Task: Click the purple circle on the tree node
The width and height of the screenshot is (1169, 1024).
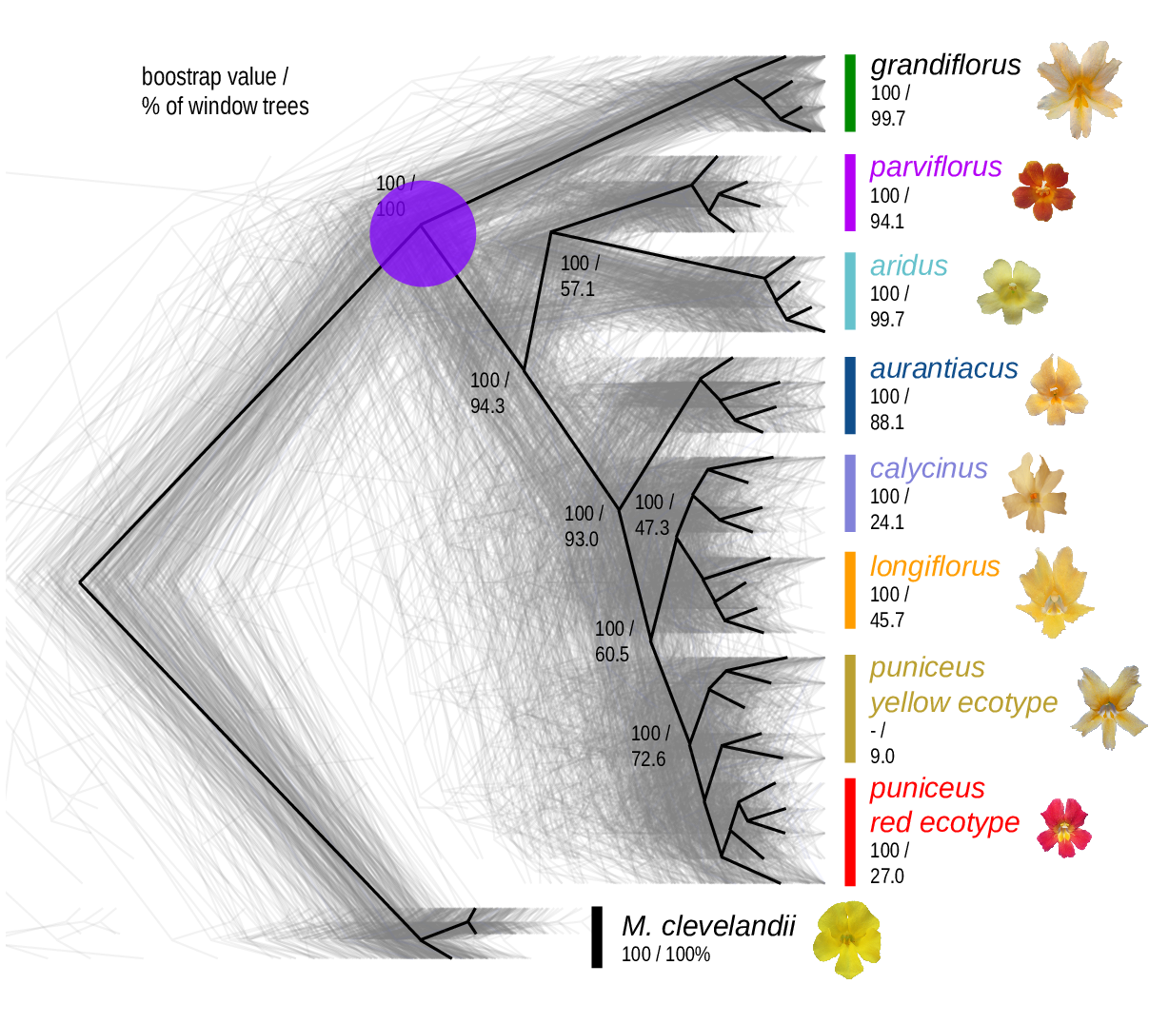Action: point(423,233)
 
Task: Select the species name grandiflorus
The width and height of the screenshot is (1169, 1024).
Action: point(945,65)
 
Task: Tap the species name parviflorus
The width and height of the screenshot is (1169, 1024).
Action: point(936,167)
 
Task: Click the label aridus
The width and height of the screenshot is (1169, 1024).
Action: point(908,266)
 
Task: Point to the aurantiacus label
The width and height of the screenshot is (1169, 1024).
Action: point(943,368)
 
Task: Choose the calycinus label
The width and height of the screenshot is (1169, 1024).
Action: point(928,468)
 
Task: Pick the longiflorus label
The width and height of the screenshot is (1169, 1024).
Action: point(934,566)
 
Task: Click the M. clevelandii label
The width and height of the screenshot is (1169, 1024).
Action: point(707,926)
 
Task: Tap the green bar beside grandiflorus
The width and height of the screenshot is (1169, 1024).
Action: point(850,92)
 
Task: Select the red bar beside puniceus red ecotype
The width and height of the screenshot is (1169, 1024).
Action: point(850,832)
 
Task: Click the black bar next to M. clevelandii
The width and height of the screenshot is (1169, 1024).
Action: point(597,936)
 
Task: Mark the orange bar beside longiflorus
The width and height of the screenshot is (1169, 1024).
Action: point(850,590)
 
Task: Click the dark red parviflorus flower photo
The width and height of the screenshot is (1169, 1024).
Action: point(1043,190)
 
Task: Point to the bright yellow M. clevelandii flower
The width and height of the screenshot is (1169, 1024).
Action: point(846,938)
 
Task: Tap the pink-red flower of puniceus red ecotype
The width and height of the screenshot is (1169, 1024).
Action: point(1064,827)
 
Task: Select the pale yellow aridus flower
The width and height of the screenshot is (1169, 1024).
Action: point(1013,291)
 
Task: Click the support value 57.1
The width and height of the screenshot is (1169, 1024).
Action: point(577,288)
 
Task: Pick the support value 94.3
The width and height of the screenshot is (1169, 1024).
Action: point(487,406)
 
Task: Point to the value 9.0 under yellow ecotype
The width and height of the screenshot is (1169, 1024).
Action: point(882,757)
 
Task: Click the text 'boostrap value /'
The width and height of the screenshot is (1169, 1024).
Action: point(215,77)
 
